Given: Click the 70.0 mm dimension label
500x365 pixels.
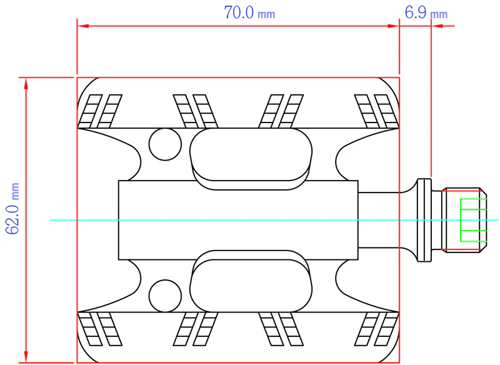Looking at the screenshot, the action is (x=249, y=12).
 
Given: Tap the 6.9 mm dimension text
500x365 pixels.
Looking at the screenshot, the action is (x=426, y=12).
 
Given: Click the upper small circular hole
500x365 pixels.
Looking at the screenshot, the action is (x=165, y=144).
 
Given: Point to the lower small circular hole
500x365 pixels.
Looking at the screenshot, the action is (x=165, y=296).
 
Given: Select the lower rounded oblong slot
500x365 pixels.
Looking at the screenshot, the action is (x=251, y=281).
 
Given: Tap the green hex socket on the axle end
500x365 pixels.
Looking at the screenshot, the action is (x=473, y=220).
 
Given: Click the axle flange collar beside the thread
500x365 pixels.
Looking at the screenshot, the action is (x=424, y=220).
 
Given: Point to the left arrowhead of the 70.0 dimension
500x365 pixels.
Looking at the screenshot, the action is (x=83, y=26).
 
